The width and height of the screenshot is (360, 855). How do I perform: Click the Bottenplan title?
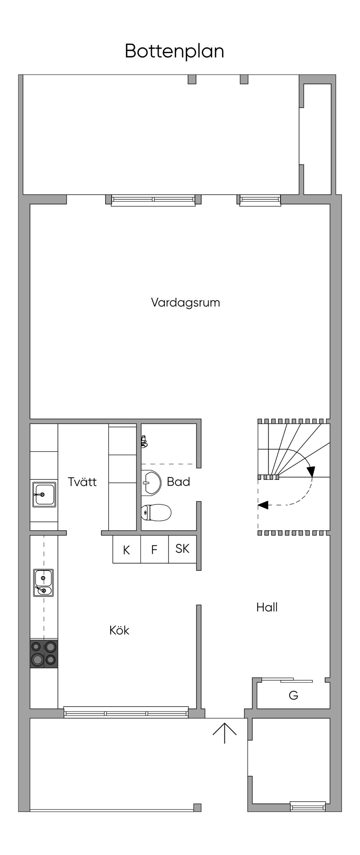tap(174, 52)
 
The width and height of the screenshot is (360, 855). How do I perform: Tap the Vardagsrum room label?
tap(186, 303)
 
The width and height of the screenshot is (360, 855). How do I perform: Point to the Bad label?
tap(179, 481)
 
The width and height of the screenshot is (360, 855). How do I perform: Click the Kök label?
tap(119, 630)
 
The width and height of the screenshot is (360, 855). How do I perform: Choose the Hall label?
tap(267, 607)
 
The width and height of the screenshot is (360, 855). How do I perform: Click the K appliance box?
tap(127, 549)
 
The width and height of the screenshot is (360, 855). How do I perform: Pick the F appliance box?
tap(154, 549)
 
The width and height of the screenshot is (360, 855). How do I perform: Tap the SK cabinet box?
tap(182, 549)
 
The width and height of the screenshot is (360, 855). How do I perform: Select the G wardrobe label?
tap(293, 695)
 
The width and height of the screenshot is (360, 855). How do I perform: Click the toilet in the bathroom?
tap(156, 512)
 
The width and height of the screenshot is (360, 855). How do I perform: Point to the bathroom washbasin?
tap(151, 483)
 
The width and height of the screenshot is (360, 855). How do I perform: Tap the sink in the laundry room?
tap(44, 494)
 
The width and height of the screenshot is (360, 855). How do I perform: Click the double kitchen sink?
tap(44, 583)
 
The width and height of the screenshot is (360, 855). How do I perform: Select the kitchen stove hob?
tap(44, 654)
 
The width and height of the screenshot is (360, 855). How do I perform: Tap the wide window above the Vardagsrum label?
tap(153, 200)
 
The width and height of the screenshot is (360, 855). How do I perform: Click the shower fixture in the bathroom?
tap(144, 441)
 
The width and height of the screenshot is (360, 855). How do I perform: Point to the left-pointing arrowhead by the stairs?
tap(263, 505)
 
